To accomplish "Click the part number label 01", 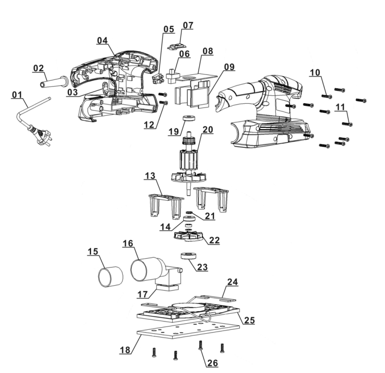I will coord(17,95).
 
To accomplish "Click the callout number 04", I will coord(102,40).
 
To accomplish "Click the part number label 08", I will coord(207,51).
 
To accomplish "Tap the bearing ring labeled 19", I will coord(189,118).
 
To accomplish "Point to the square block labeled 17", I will coord(167,288).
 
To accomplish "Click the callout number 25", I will coord(249,320).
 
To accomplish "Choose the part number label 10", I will coord(314,72).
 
